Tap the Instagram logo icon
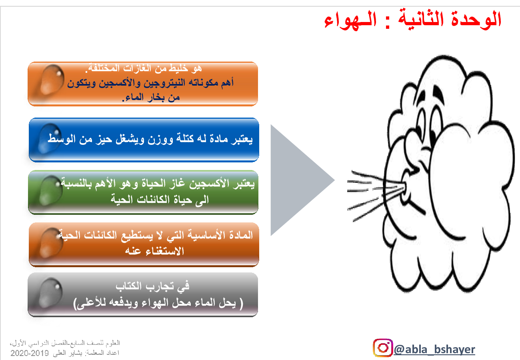(x=383, y=348)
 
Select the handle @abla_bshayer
(x=434, y=349)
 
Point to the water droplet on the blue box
(x=49, y=138)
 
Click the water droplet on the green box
(x=50, y=190)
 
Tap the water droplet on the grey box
(x=50, y=292)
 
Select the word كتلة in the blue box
(x=185, y=138)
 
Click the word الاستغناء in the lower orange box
(x=165, y=251)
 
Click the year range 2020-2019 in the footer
(x=30, y=353)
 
